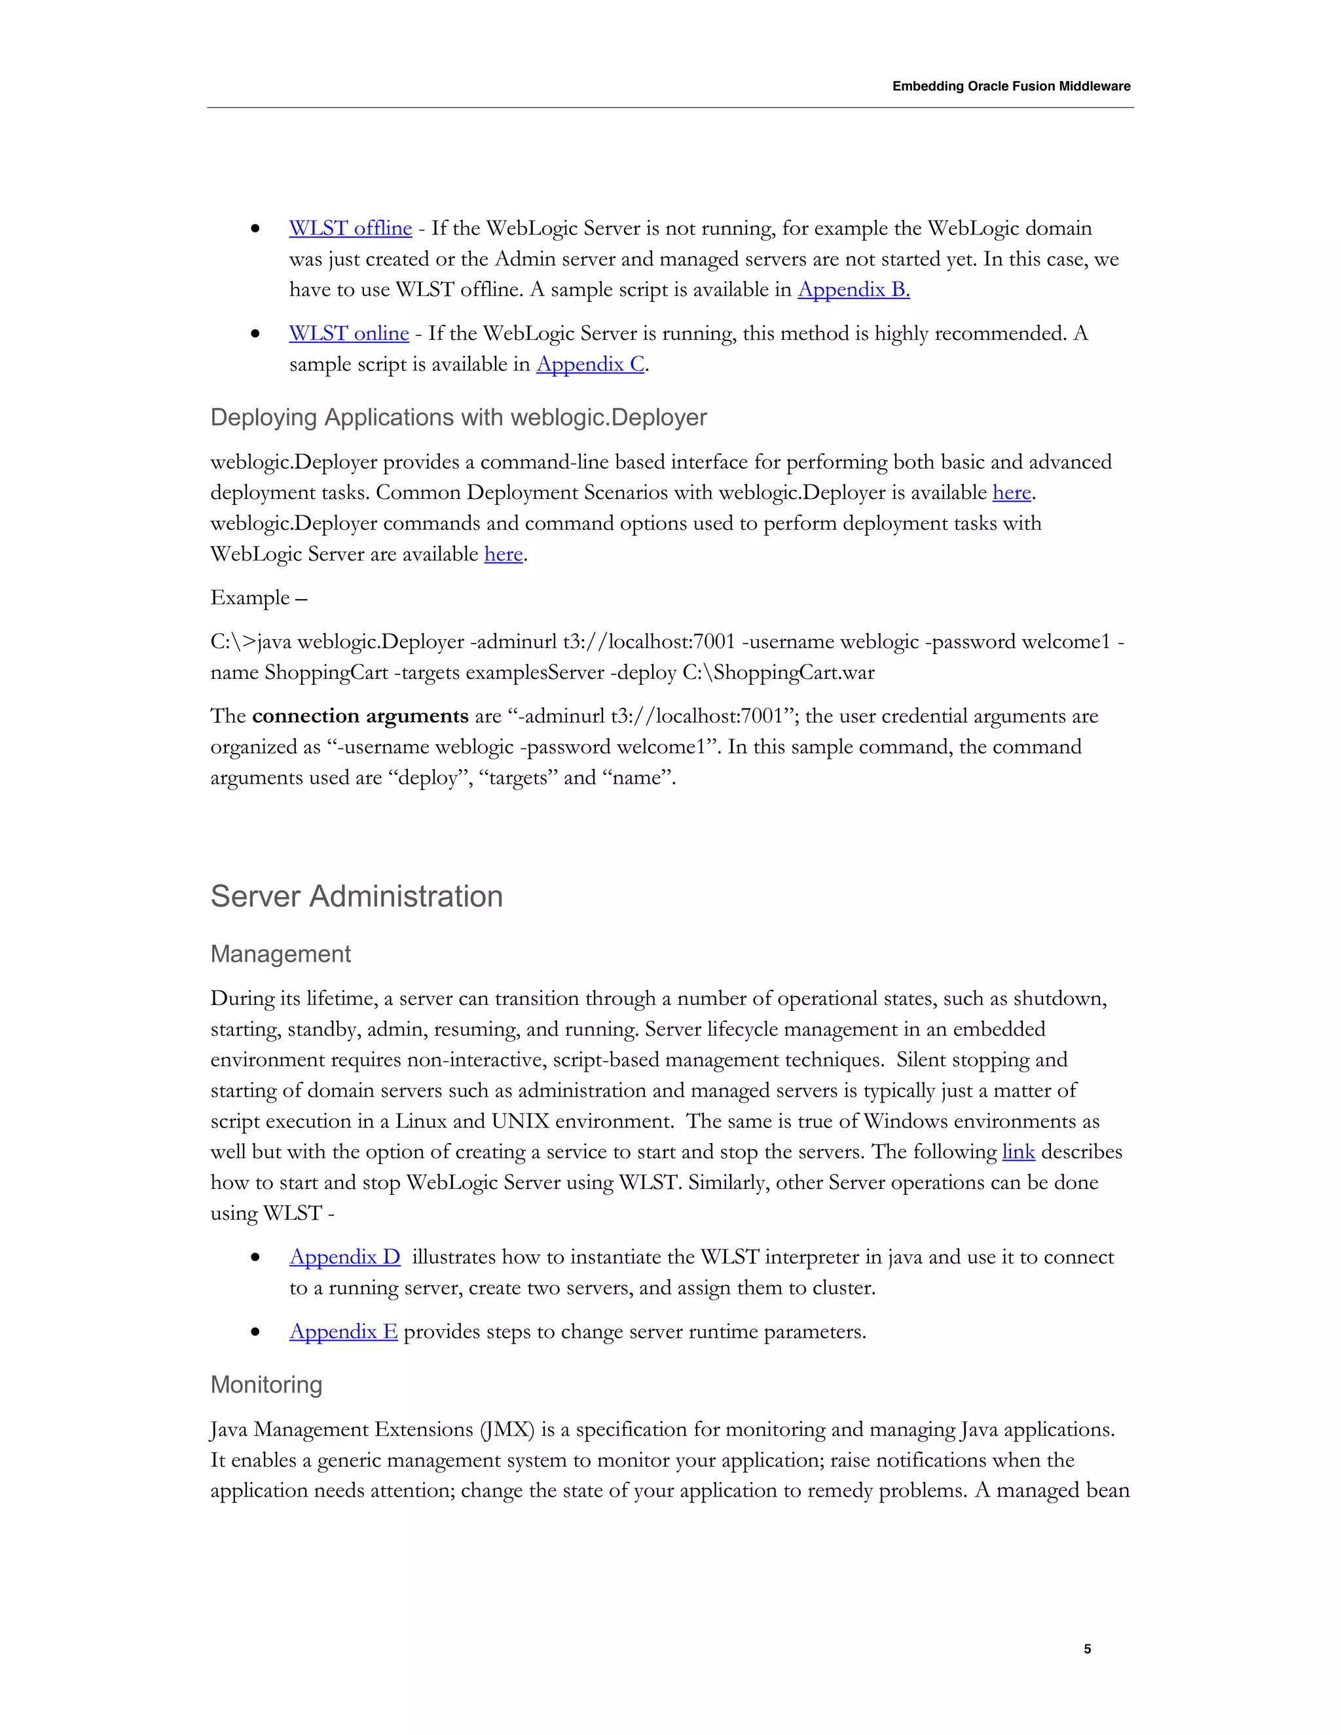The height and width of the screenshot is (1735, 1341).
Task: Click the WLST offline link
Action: (x=350, y=228)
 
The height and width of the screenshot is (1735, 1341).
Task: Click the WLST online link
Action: (x=349, y=334)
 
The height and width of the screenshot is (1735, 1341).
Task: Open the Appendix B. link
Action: (x=853, y=290)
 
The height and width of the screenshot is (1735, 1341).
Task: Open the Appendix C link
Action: (x=590, y=365)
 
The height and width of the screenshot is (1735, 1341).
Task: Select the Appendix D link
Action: (x=345, y=1258)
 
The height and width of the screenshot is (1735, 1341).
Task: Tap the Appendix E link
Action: (x=343, y=1332)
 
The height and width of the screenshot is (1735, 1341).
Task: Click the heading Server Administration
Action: (x=356, y=897)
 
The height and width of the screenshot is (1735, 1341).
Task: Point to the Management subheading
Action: (x=280, y=954)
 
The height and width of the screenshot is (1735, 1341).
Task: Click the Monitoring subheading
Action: (x=266, y=1385)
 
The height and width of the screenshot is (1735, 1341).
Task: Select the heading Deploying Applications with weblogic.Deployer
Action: (x=458, y=418)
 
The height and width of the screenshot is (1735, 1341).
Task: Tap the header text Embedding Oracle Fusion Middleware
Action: (x=1010, y=86)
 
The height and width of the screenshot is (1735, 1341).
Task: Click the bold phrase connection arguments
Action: (x=360, y=716)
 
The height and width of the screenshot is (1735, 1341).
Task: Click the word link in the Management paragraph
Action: (x=1018, y=1152)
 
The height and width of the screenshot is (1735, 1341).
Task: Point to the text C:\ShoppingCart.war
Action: (x=778, y=673)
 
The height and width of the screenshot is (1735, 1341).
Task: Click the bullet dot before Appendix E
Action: (x=255, y=1333)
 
